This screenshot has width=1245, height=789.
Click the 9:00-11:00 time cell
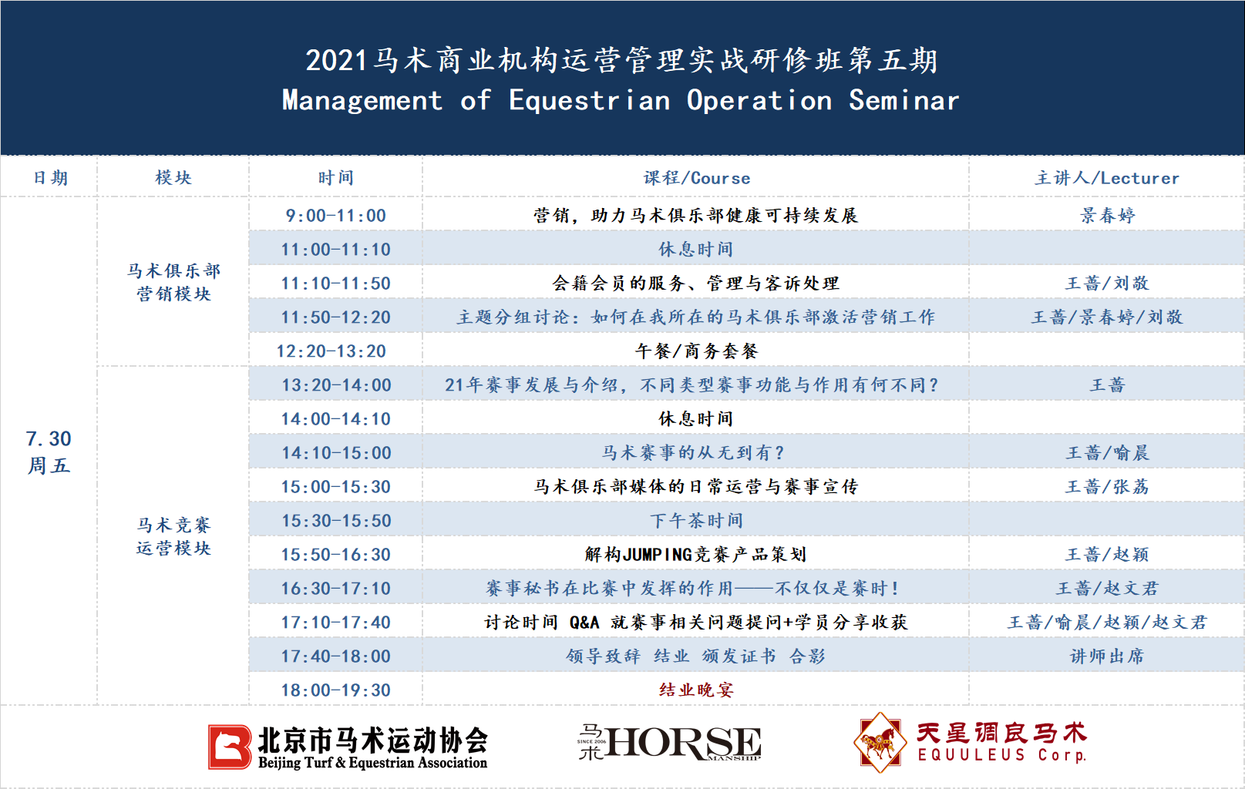click(335, 216)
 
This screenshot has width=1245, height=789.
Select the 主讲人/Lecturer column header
click(1106, 178)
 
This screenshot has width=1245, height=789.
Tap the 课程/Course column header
click(697, 178)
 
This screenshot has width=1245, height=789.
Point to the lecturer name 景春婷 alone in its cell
click(1107, 216)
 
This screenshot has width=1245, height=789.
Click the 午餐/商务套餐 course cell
click(696, 351)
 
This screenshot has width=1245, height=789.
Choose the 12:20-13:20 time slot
click(331, 351)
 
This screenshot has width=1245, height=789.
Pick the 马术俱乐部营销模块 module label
click(173, 282)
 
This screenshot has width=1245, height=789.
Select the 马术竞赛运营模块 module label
click(173, 537)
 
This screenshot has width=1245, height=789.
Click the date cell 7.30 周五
click(49, 452)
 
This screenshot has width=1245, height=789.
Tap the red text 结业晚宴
click(696, 690)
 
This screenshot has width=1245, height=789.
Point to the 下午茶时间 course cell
click(696, 521)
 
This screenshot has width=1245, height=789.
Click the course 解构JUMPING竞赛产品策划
click(696, 555)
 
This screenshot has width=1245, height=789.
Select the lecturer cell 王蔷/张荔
click(1107, 487)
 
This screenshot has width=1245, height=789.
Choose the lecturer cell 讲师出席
click(1107, 656)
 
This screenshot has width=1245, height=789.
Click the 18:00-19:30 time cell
click(335, 690)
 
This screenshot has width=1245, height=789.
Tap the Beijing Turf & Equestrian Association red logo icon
click(229, 747)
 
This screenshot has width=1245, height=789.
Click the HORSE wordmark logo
click(669, 742)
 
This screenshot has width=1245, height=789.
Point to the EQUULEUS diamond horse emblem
click(880, 742)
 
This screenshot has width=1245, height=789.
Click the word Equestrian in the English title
click(590, 101)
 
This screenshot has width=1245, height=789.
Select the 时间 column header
click(335, 178)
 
